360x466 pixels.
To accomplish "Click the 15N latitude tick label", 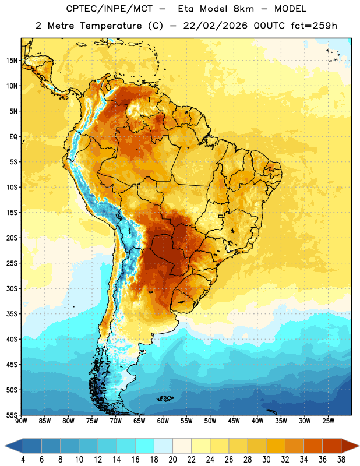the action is coord(11,61).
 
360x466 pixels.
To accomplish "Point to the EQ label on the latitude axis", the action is coord(13,137).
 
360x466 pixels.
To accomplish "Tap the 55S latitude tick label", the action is coord(12,415).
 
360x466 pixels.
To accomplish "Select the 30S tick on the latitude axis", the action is coord(12,288).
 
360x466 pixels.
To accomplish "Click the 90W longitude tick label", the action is coord(21,421).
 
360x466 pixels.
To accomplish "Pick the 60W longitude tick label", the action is coord(163,421).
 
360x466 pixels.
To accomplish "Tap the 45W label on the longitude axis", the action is coord(234,421).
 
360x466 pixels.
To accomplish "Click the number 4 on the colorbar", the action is coord(23,460).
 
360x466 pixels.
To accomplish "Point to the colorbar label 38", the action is coord(341,460).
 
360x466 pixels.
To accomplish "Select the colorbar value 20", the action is coord(172,460).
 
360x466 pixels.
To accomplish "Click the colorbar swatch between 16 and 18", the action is coord(145,446).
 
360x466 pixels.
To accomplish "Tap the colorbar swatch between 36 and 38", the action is coord(332,446).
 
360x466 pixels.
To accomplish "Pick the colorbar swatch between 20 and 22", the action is coord(182,446).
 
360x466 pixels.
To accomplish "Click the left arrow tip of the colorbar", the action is coord(5,446).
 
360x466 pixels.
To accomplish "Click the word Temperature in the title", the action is coord(111,26).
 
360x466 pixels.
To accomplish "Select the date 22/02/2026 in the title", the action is coord(215,26).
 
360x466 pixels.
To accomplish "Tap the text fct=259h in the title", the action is coord(314,26).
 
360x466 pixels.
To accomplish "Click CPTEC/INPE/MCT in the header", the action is coord(110,9).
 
